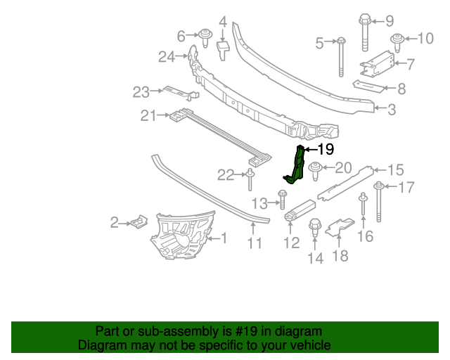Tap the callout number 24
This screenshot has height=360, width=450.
[x=166, y=57]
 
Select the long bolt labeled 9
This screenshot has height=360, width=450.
[x=365, y=33]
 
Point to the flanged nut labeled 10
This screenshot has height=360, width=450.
[x=398, y=39]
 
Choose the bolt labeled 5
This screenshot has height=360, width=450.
[x=340, y=56]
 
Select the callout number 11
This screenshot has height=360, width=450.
[x=255, y=243]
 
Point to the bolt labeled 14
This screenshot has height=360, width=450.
[x=315, y=228]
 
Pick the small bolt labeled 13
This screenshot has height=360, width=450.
[x=282, y=200]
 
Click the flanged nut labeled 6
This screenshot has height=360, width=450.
[x=205, y=37]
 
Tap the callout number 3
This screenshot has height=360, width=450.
[x=392, y=109]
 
